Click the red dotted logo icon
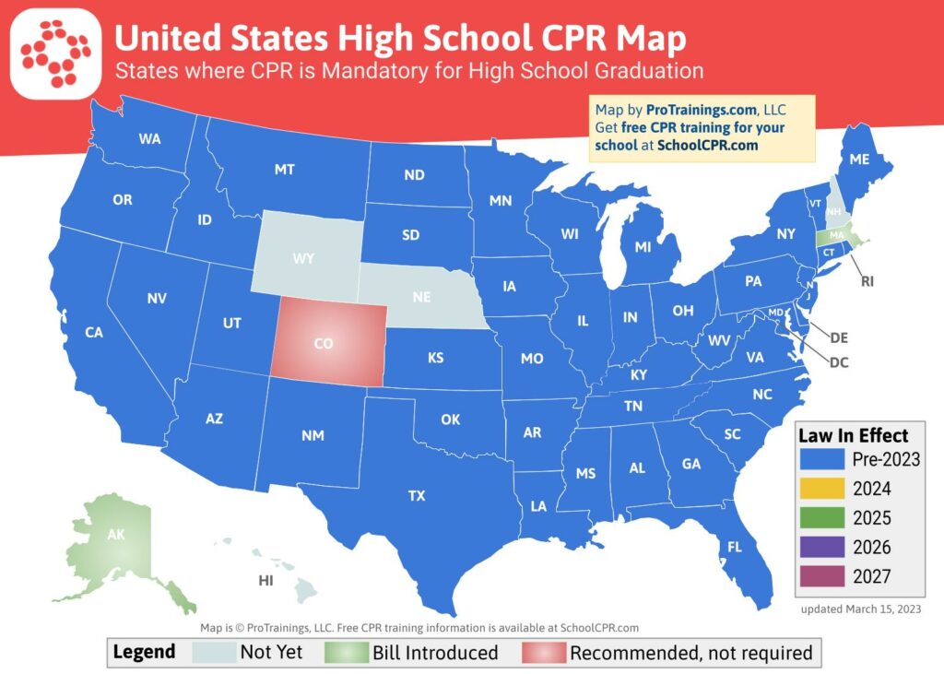point(55,53)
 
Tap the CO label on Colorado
point(323,344)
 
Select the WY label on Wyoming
point(303,259)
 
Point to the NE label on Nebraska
point(423,298)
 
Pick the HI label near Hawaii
point(266,581)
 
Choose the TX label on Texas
point(417,496)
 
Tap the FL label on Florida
point(734,547)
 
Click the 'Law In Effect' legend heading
point(853,435)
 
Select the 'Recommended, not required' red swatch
point(543,653)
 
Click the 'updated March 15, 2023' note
point(860,609)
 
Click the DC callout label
point(838,362)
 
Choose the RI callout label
point(867,281)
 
